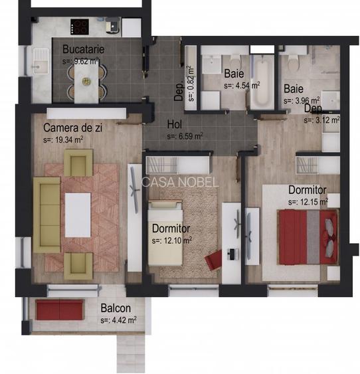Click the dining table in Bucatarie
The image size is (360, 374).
pyautogui.click(x=86, y=84)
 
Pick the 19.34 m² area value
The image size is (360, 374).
pyautogui.click(x=63, y=140)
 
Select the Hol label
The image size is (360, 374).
pyautogui.click(x=174, y=124)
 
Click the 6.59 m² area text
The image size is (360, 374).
pyautogui.click(x=185, y=136)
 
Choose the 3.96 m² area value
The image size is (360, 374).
pyautogui.click(x=300, y=101)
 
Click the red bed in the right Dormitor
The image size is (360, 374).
pyautogui.click(x=303, y=235)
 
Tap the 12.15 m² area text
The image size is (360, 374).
pyautogui.click(x=308, y=201)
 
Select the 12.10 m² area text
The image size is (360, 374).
pyautogui.click(x=171, y=240)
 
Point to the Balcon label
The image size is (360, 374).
pyautogui.click(x=116, y=308)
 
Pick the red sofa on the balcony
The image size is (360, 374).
pyautogui.click(x=59, y=309)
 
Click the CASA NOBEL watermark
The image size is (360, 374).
pyautogui.click(x=179, y=181)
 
